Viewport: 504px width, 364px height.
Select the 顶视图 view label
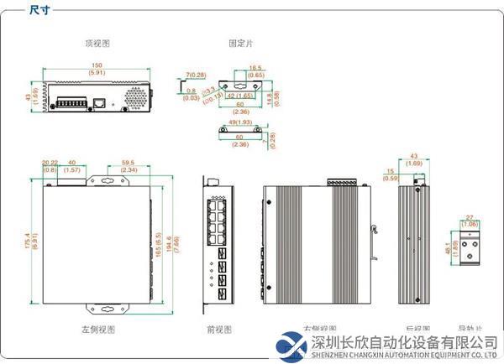[x=97, y=43]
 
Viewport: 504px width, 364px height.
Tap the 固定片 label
[x=239, y=43]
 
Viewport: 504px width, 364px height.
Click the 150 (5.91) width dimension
[x=97, y=67]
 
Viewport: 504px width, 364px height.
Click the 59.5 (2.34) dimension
[x=129, y=166]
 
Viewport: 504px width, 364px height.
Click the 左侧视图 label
[x=98, y=330]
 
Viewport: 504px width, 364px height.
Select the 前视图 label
[x=218, y=330]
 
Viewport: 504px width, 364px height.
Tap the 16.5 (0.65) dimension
[x=257, y=71]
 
